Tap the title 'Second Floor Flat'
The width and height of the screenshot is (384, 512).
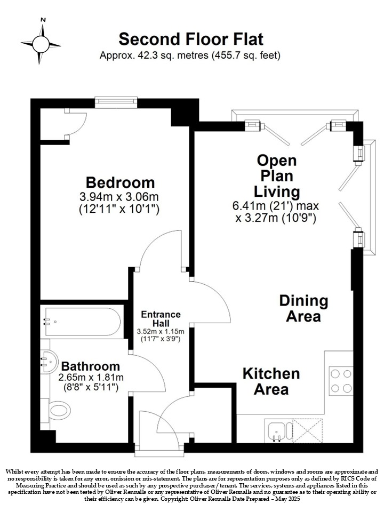tap(191, 39)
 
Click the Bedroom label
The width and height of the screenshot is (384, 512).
tap(120, 182)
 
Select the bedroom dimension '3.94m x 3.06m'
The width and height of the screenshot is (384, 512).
tap(119, 197)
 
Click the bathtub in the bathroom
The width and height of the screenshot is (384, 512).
tap(83, 322)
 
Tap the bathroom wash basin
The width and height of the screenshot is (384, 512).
tap(49, 361)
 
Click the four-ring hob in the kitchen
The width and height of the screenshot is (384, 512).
tap(341, 381)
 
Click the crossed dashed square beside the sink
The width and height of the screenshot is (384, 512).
tap(307, 431)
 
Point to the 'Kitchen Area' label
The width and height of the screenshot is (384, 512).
tap(271, 381)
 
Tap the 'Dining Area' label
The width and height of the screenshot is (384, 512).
tap(303, 309)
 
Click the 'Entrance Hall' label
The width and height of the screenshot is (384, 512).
tap(161, 319)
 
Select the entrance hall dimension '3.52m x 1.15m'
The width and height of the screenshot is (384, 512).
tap(161, 332)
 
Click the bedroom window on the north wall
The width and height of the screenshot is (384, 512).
tap(116, 101)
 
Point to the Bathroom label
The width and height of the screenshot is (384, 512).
tap(91, 366)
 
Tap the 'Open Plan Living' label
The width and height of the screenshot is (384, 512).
tap(277, 176)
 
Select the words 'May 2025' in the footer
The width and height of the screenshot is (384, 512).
tap(287, 499)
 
